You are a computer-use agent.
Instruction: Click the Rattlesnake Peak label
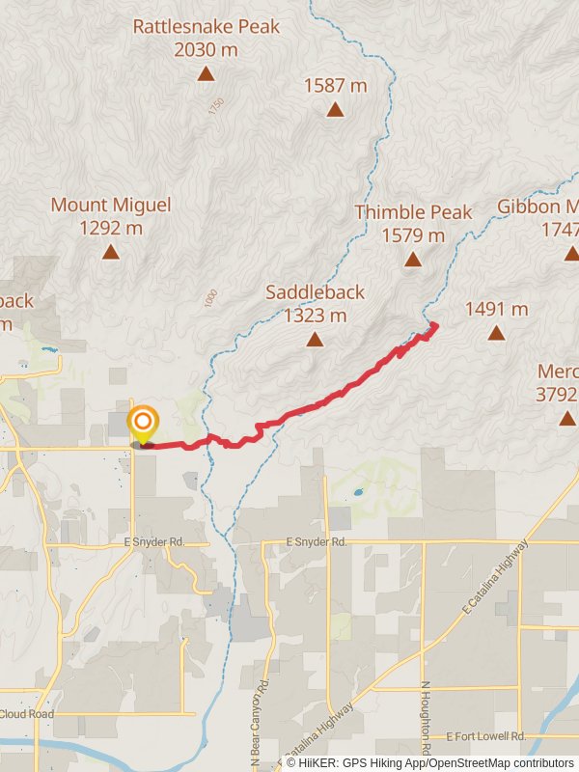point(206,37)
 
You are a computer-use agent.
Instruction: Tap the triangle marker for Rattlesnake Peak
point(206,73)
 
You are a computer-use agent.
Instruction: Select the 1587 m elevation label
point(335,85)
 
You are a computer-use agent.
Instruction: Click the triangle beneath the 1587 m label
point(335,109)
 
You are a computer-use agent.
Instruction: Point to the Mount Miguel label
point(111,216)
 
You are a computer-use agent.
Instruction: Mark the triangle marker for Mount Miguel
point(111,252)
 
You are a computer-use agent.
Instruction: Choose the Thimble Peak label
point(413,223)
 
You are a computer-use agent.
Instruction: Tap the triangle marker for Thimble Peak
point(413,259)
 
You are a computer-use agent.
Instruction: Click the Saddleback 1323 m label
point(316,303)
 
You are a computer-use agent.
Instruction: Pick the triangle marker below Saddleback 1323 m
point(315,339)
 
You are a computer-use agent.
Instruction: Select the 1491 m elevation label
point(496,309)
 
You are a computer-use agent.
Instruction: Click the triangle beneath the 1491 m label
point(496,333)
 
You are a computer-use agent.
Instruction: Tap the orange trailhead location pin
point(143,423)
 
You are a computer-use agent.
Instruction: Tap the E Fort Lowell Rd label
point(486,737)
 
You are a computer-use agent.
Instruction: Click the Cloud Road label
point(26,715)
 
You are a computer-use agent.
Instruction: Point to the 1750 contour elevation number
point(215,107)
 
